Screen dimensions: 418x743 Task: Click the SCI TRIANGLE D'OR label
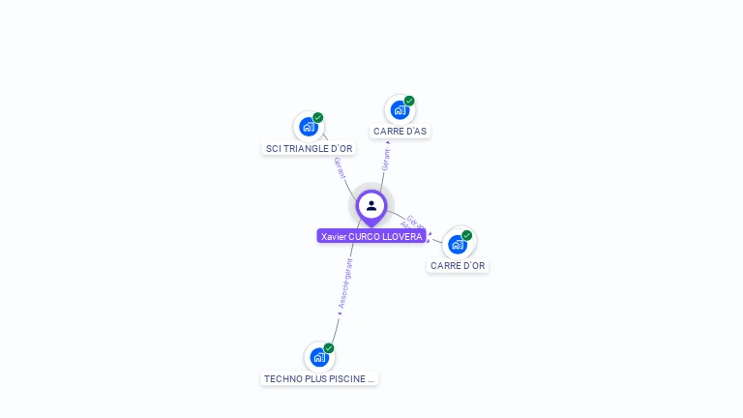pos(310,148)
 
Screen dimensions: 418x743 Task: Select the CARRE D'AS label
pos(400,131)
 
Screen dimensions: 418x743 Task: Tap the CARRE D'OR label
pos(458,265)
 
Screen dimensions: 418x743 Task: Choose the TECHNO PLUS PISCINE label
pos(319,378)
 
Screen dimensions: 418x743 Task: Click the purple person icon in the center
pos(371,206)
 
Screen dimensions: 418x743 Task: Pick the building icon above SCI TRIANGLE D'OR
pos(309,127)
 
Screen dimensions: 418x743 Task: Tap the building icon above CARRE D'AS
pos(400,109)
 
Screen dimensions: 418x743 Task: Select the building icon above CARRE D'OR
pos(457,244)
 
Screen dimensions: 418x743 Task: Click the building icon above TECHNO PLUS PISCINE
pos(319,357)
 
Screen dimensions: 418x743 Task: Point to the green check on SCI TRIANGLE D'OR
pos(318,117)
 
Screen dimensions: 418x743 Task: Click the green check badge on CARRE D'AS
pos(409,101)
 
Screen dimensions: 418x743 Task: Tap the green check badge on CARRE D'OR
pos(467,235)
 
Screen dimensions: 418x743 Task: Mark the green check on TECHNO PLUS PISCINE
pos(329,347)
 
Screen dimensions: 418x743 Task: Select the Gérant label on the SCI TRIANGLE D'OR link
pos(339,166)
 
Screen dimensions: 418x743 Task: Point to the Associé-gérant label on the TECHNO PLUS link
pos(344,284)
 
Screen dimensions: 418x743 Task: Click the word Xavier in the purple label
pos(334,236)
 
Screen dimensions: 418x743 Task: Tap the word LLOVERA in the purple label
pos(404,236)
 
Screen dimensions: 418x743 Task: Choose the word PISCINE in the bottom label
pos(345,378)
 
